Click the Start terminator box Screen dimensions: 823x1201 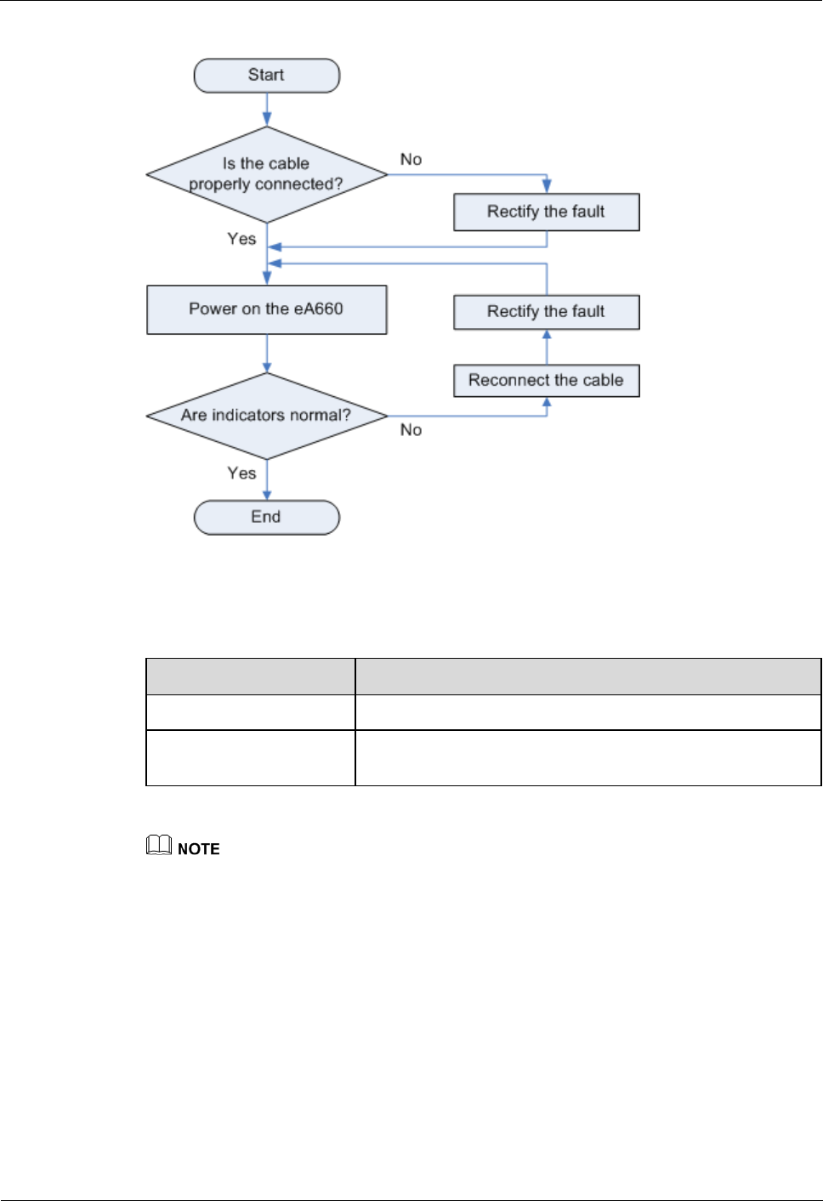266,76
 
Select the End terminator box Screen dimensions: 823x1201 266,518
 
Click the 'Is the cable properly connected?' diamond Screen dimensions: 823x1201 266,175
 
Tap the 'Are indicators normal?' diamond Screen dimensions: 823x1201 266,416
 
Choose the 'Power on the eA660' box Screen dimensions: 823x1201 266,310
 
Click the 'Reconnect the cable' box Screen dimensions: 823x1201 547,381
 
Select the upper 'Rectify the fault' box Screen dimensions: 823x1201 547,212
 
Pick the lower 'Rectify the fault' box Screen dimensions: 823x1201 547,312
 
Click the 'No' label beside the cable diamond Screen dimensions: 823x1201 411,159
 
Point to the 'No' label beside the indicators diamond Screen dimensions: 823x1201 411,430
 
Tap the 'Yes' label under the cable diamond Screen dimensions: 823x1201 241,239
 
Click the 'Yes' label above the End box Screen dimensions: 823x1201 241,473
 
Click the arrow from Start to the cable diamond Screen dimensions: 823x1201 266,110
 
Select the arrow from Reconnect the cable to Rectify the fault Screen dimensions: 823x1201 547,348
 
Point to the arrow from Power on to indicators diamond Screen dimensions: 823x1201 266,354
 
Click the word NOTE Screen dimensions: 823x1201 198,849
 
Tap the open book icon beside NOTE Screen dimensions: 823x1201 159,845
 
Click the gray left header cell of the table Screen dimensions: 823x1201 250,677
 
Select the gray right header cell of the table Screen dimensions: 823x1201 588,677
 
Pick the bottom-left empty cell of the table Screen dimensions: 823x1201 250,758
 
